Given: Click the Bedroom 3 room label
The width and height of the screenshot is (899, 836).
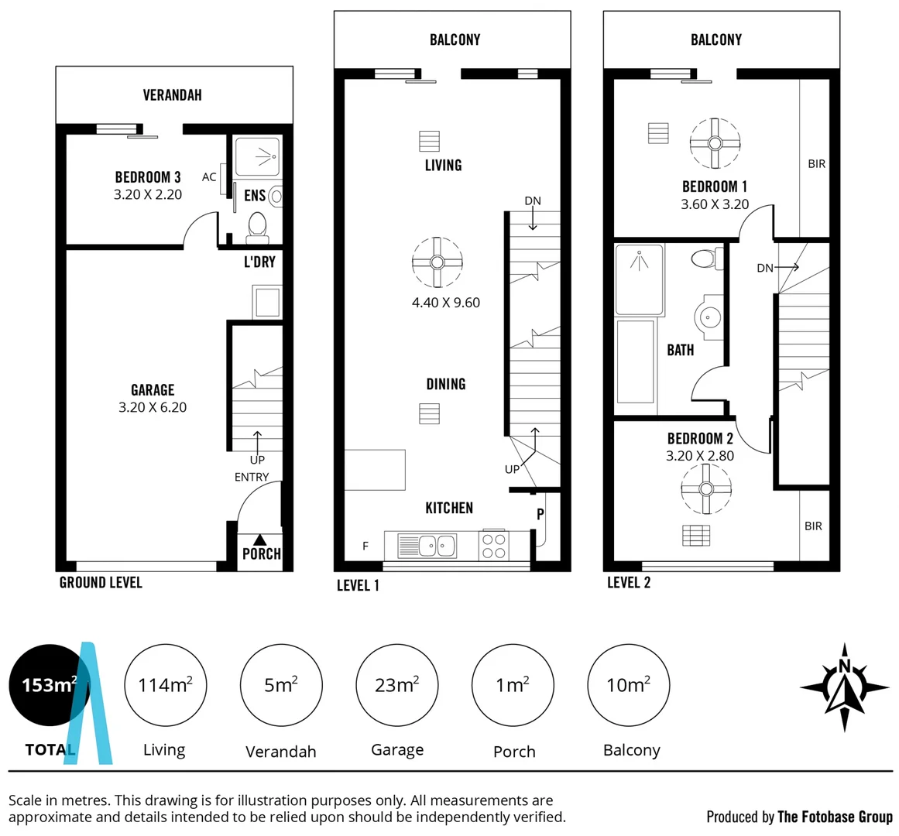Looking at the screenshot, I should click(147, 177).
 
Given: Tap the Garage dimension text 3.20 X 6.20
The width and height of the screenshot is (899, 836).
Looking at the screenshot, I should click(153, 407).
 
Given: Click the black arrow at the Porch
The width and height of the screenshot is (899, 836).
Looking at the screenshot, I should click(260, 540).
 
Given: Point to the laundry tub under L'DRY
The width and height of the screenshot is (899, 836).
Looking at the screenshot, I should click(267, 301).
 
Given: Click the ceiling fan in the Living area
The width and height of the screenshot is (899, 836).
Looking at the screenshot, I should click(437, 262).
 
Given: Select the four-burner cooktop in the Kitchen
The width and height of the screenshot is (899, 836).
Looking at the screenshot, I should click(494, 546).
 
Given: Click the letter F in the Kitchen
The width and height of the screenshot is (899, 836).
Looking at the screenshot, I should click(365, 546).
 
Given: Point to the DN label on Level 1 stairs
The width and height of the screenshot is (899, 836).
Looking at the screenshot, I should click(533, 201).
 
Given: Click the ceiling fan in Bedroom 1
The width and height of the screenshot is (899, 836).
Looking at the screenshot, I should click(715, 143).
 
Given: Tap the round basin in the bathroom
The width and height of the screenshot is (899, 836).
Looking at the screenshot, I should click(709, 317).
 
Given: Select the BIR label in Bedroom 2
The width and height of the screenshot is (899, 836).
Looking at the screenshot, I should click(813, 526).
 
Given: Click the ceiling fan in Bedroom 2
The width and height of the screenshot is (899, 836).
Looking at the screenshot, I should click(705, 488).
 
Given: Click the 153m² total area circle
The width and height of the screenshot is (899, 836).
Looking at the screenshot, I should click(49, 685).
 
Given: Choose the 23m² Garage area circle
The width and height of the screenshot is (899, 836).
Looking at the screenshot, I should click(396, 685).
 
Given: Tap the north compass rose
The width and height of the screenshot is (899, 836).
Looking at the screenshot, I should click(844, 687).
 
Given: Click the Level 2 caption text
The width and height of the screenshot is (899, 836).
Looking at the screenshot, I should click(628, 583).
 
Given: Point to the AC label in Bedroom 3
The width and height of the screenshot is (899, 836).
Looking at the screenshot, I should click(209, 177).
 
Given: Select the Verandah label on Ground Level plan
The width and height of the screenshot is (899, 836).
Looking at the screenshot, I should click(172, 95).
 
